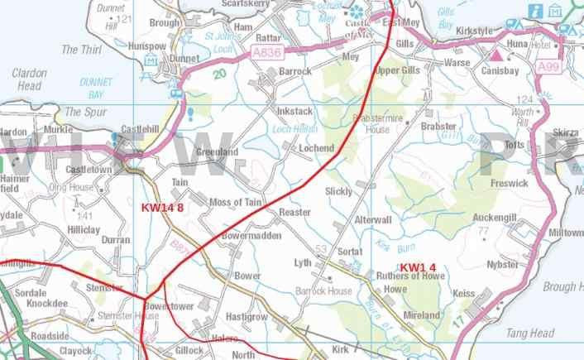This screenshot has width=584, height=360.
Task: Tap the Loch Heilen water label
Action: (295, 130)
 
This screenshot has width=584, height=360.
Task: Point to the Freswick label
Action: (508, 183)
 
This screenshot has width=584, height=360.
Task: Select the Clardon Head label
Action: (28, 79)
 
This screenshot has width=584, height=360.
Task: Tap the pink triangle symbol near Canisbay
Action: (495, 55)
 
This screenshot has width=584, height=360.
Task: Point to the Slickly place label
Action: (339, 191)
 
